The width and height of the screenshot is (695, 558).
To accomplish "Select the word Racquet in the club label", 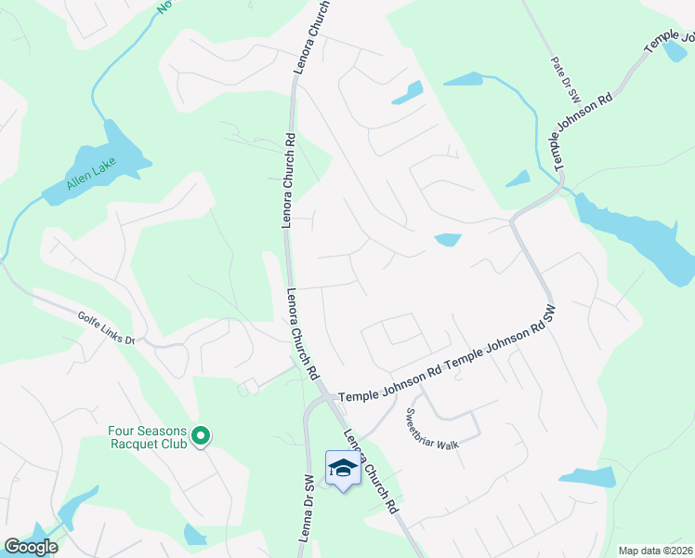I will pyautogui.click(x=137, y=444).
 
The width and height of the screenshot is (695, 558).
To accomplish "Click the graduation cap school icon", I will pyautogui.click(x=342, y=468).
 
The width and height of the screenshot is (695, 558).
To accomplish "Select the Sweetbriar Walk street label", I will pyautogui.click(x=432, y=429).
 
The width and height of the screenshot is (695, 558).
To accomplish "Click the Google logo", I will pyautogui.click(x=31, y=547).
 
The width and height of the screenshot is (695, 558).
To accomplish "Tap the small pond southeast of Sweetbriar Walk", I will pyautogui.click(x=587, y=478).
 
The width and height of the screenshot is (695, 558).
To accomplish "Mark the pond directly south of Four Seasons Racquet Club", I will pyautogui.click(x=194, y=534).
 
